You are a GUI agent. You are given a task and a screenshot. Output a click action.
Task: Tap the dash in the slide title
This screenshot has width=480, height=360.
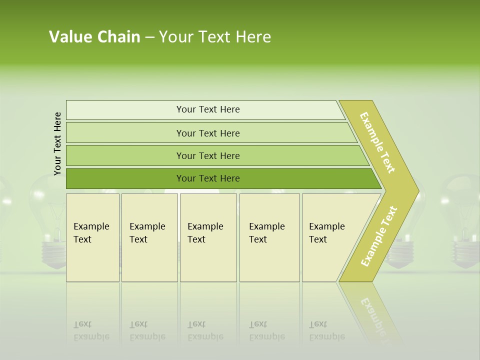(149, 37)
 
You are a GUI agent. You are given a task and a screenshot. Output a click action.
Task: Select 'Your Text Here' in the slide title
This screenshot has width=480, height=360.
(215, 37)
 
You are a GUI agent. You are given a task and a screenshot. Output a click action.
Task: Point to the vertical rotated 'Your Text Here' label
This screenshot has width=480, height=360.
(57, 143)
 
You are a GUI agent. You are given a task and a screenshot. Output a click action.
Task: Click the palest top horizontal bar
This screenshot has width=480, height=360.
(208, 109)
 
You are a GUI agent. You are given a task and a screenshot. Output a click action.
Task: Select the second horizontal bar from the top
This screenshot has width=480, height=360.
(208, 133)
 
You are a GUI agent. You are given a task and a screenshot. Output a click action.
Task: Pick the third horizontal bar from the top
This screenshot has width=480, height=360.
(208, 155)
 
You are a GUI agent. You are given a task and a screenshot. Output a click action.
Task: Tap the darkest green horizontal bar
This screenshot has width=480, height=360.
(208, 178)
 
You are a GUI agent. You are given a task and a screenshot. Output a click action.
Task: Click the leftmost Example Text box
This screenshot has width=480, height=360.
(92, 237)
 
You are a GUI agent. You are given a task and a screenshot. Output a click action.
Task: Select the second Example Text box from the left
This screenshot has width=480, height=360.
(149, 237)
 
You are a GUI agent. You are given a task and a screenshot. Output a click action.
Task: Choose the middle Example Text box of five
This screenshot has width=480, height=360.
(208, 237)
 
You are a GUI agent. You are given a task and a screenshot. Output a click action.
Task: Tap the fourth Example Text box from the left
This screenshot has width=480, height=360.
(269, 237)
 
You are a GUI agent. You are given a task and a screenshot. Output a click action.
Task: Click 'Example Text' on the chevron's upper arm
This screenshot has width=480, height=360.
(377, 142)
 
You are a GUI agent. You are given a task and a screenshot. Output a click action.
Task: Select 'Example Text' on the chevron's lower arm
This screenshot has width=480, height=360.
(379, 236)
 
